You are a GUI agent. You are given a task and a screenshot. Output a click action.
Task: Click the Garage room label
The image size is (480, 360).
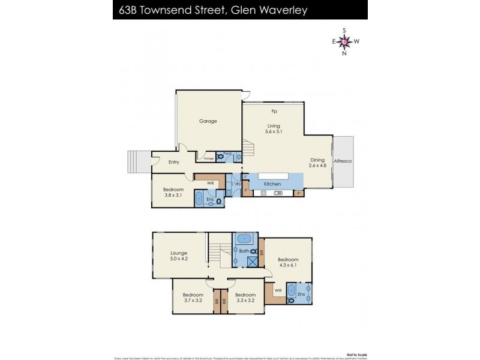click(208, 121)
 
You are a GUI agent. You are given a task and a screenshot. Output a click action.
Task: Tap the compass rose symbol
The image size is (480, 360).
click(344, 41)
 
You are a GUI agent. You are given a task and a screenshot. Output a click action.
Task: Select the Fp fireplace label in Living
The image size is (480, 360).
click(274, 112)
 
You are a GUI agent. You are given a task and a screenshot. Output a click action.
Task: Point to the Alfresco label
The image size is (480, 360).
click(343, 161)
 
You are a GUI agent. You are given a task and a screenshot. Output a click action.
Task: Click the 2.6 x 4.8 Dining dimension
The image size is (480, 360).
click(318, 167)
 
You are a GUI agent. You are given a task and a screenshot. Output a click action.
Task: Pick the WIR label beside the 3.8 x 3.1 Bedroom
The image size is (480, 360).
click(211, 182)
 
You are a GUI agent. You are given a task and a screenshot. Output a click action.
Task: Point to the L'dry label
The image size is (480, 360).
click(237, 184)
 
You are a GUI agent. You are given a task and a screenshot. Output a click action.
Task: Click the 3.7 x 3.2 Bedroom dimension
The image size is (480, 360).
click(193, 301)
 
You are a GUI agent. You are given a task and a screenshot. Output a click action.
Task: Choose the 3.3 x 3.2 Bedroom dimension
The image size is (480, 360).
click(245, 301)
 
